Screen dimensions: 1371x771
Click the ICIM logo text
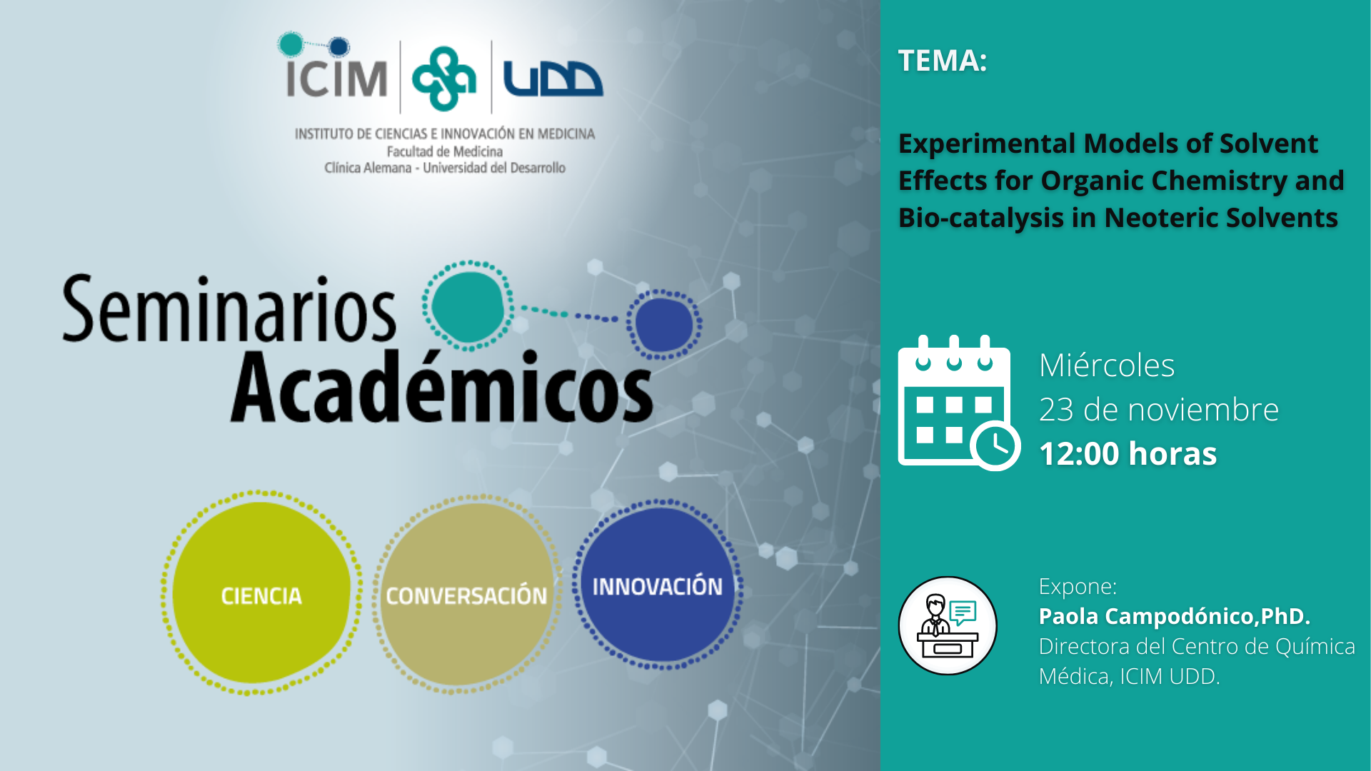(336, 78)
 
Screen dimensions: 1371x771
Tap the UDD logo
(553, 79)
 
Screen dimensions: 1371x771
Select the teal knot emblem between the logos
(444, 79)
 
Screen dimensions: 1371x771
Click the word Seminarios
(229, 310)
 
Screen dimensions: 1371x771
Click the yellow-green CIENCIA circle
(261, 593)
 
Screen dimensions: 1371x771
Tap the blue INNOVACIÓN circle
(658, 585)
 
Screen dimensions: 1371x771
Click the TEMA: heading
(943, 61)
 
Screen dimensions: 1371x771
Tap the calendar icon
(959, 403)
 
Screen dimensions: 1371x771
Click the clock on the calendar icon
(995, 446)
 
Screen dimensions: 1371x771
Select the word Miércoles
(1107, 366)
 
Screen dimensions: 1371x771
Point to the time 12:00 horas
(1128, 454)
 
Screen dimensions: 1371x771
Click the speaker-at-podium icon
(948, 626)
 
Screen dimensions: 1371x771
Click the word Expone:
(1078, 587)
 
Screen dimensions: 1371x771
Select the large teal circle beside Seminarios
(468, 306)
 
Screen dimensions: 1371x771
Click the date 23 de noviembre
(1159, 410)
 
